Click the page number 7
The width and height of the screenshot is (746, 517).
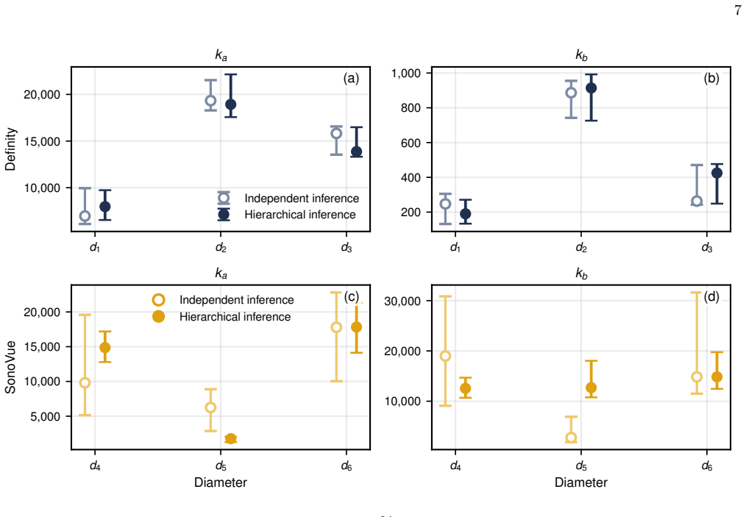[737, 10]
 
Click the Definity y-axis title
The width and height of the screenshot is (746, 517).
[10, 149]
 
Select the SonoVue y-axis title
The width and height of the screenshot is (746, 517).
[10, 367]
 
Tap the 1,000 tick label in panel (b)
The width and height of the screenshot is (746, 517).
[406, 74]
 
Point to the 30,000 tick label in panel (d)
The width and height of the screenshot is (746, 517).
[402, 301]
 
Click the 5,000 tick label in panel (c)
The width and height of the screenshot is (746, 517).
[46, 417]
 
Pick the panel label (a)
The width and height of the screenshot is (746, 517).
[351, 79]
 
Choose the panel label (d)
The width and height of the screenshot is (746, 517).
[711, 297]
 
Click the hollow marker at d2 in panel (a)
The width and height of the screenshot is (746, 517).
[210, 101]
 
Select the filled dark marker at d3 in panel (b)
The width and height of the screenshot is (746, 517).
[717, 173]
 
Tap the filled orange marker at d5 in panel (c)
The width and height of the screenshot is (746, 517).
[231, 438]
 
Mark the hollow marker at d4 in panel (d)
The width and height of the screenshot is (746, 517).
[445, 356]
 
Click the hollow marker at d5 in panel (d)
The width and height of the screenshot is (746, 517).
[571, 438]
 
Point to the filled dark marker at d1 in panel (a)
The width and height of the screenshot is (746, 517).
[105, 207]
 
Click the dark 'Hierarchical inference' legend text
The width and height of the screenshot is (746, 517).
[299, 215]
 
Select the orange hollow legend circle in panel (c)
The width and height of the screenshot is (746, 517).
[158, 300]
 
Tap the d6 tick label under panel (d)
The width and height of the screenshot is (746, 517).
[707, 466]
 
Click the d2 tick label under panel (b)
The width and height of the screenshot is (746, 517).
[581, 248]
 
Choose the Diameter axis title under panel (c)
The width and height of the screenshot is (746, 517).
[221, 482]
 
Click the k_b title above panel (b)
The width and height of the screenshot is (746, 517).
[581, 56]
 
